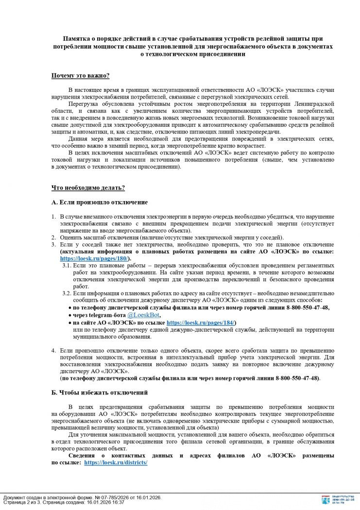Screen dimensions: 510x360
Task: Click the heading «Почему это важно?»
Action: [x=80, y=76]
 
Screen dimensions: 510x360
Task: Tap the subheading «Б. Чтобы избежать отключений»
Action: [x=100, y=392]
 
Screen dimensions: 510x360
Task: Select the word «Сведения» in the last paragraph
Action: [x=83, y=456]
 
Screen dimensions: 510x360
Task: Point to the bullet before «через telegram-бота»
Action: [x=69, y=315]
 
